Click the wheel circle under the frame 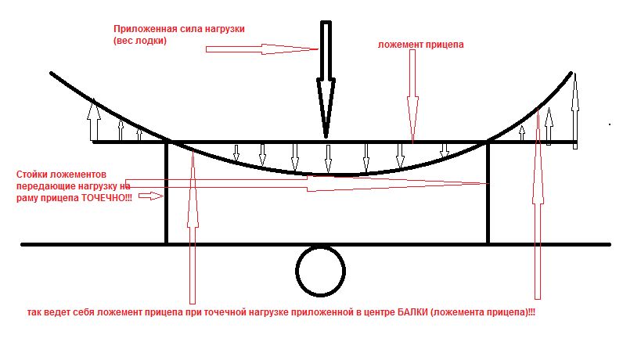321,270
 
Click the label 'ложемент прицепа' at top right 420,45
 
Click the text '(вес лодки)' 140,41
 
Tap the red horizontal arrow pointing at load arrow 263,49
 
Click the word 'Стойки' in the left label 31,173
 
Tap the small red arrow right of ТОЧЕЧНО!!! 151,197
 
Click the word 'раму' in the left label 27,199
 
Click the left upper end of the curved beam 52,74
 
